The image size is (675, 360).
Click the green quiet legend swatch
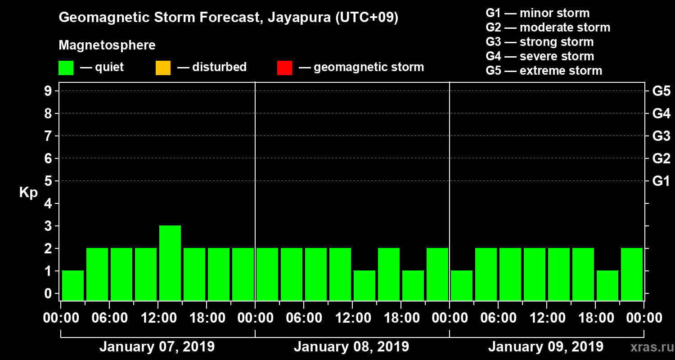pos(66,68)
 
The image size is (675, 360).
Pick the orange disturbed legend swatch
pos(163,68)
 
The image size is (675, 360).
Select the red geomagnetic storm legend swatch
pos(284,68)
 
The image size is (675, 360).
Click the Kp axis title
pos(28,193)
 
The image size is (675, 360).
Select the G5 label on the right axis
pos(661,91)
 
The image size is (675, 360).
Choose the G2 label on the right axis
pos(661,159)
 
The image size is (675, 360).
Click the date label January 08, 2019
pos(351,347)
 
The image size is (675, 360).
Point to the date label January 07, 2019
pos(157,347)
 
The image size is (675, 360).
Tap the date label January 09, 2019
pos(546,347)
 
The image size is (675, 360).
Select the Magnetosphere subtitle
pos(107,45)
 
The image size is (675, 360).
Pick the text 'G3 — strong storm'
pos(540,42)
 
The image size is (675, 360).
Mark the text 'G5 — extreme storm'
pos(544,71)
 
